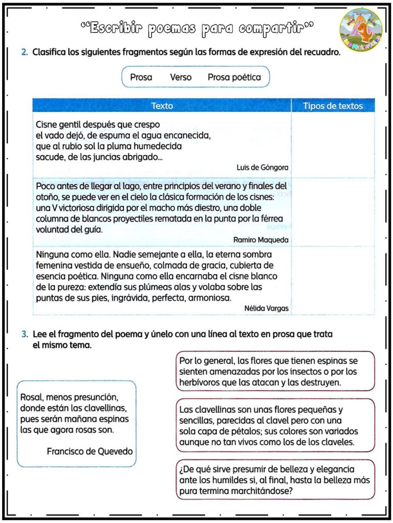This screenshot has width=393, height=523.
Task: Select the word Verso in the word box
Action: (181, 78)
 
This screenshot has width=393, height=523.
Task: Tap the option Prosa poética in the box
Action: (234, 78)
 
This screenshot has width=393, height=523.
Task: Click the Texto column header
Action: (162, 106)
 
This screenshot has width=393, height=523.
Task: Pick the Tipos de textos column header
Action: (333, 106)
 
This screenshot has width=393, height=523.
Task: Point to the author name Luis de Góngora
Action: (263, 168)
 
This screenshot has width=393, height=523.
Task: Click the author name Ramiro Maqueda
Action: (260, 240)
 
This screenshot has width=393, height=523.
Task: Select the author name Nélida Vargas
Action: (266, 308)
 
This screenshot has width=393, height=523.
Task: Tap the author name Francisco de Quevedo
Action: (90, 451)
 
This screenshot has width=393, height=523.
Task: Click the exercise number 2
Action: (25, 53)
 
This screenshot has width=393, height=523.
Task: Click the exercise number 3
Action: (25, 335)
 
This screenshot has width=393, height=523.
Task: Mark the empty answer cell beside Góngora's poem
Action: (333, 145)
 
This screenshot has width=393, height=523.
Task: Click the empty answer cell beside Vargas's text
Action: (333, 280)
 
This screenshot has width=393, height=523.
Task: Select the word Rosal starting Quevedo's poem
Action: (31, 397)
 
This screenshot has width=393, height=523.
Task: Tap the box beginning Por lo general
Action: (275, 371)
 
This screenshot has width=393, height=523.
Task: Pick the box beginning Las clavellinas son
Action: (275, 425)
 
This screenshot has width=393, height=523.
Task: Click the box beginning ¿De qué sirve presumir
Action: (275, 480)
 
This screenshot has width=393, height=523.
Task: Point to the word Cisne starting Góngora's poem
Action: (47, 125)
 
